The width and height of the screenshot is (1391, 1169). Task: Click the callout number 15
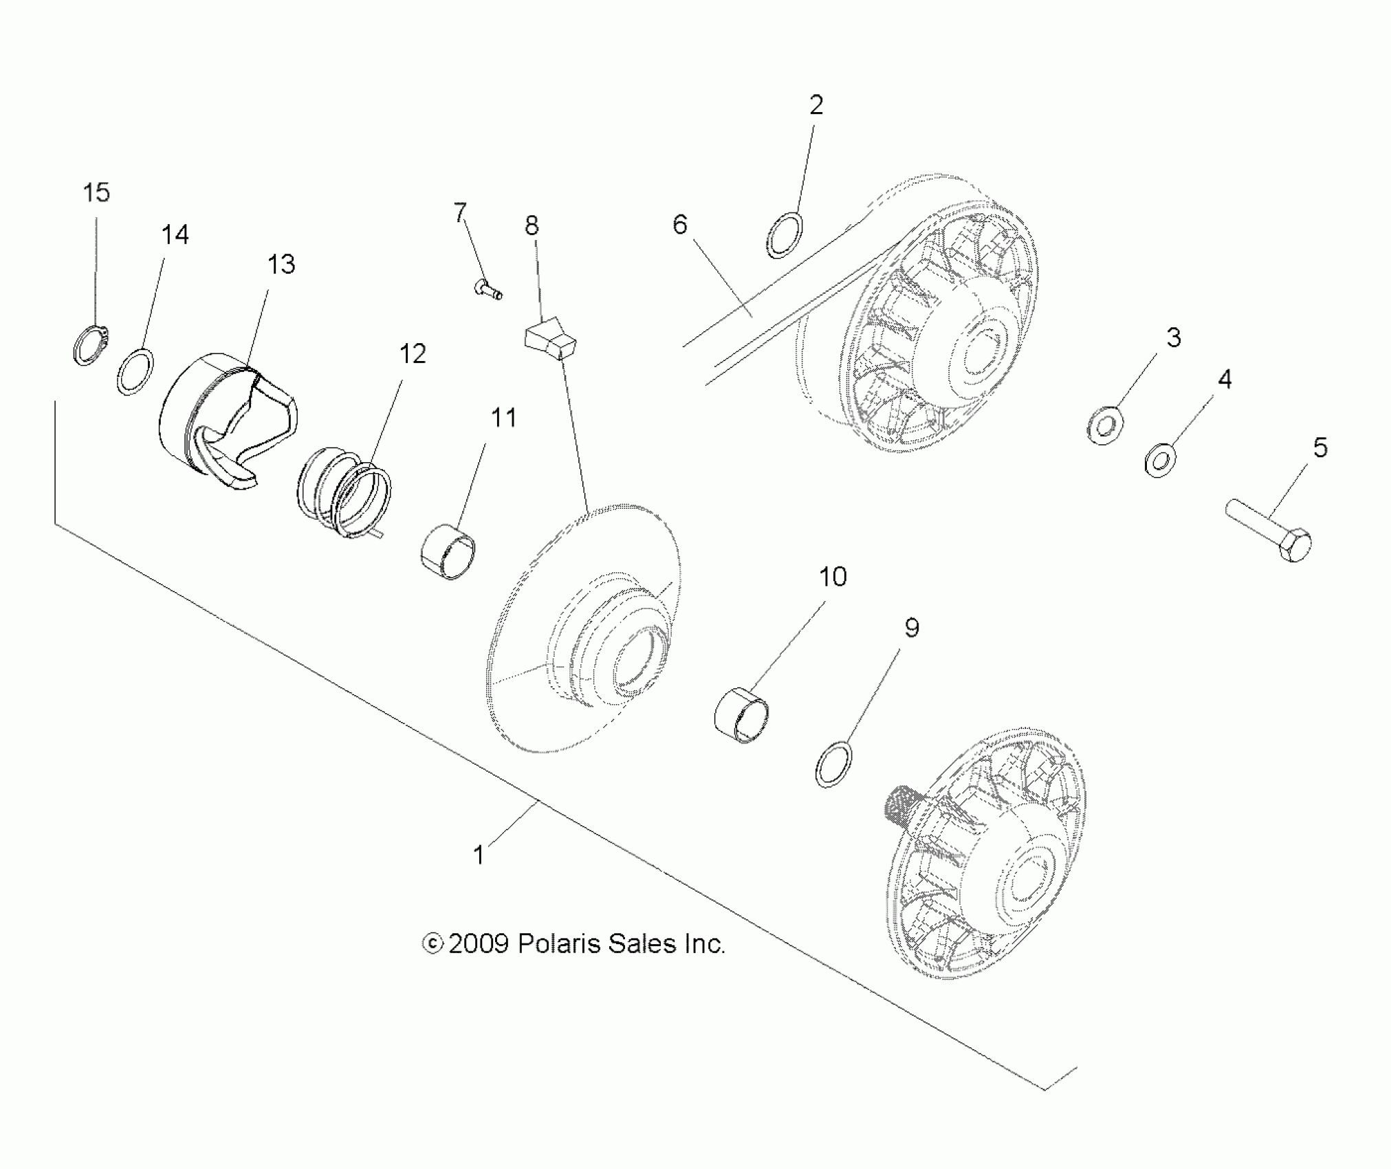[96, 193]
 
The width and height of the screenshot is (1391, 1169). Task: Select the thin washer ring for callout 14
[135, 371]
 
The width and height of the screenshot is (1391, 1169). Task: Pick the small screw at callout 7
[488, 289]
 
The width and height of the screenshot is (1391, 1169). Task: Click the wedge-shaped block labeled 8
[550, 340]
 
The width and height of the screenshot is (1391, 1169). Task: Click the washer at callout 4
[1160, 460]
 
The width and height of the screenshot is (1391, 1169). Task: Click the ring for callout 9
[833, 763]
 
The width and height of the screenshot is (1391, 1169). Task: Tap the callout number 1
[479, 855]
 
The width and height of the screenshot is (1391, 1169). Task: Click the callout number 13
[281, 265]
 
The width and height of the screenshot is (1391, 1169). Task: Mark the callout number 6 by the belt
[679, 225]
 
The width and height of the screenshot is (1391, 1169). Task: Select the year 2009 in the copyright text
[478, 943]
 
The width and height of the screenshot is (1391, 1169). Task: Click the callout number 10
[832, 577]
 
